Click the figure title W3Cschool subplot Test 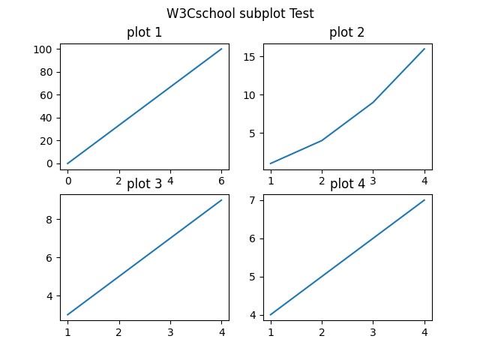pos(240,13)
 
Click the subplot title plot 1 pos(144,32)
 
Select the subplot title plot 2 pos(346,32)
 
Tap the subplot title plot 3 pos(144,184)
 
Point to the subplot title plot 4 pos(347,184)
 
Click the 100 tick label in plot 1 pos(43,49)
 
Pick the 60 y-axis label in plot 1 pos(46,95)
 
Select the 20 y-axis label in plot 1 pos(46,141)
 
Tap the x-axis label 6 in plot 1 pos(221,181)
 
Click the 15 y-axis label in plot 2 pos(249,57)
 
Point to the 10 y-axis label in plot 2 pos(249,95)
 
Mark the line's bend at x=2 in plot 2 pos(322,140)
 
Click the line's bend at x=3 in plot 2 pos(373,102)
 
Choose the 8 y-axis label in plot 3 pos(49,220)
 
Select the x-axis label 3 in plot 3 pos(170,332)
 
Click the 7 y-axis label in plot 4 pos(252,200)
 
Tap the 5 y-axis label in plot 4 pos(252,277)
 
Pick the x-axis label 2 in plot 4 pos(322,332)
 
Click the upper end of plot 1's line pos(221,49)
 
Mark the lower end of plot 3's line pos(67,315)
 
